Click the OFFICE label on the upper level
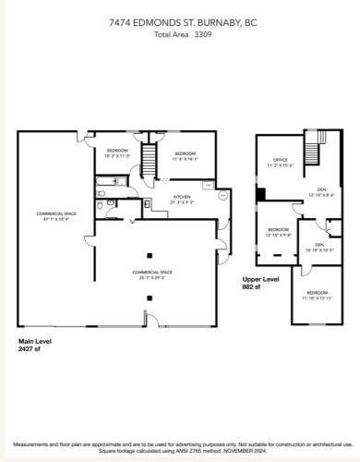pyautogui.click(x=274, y=162)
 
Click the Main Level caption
pyautogui.click(x=36, y=341)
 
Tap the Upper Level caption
pyautogui.click(x=260, y=278)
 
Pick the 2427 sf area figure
pyautogui.click(x=30, y=349)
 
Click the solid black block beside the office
pyautogui.click(x=262, y=193)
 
